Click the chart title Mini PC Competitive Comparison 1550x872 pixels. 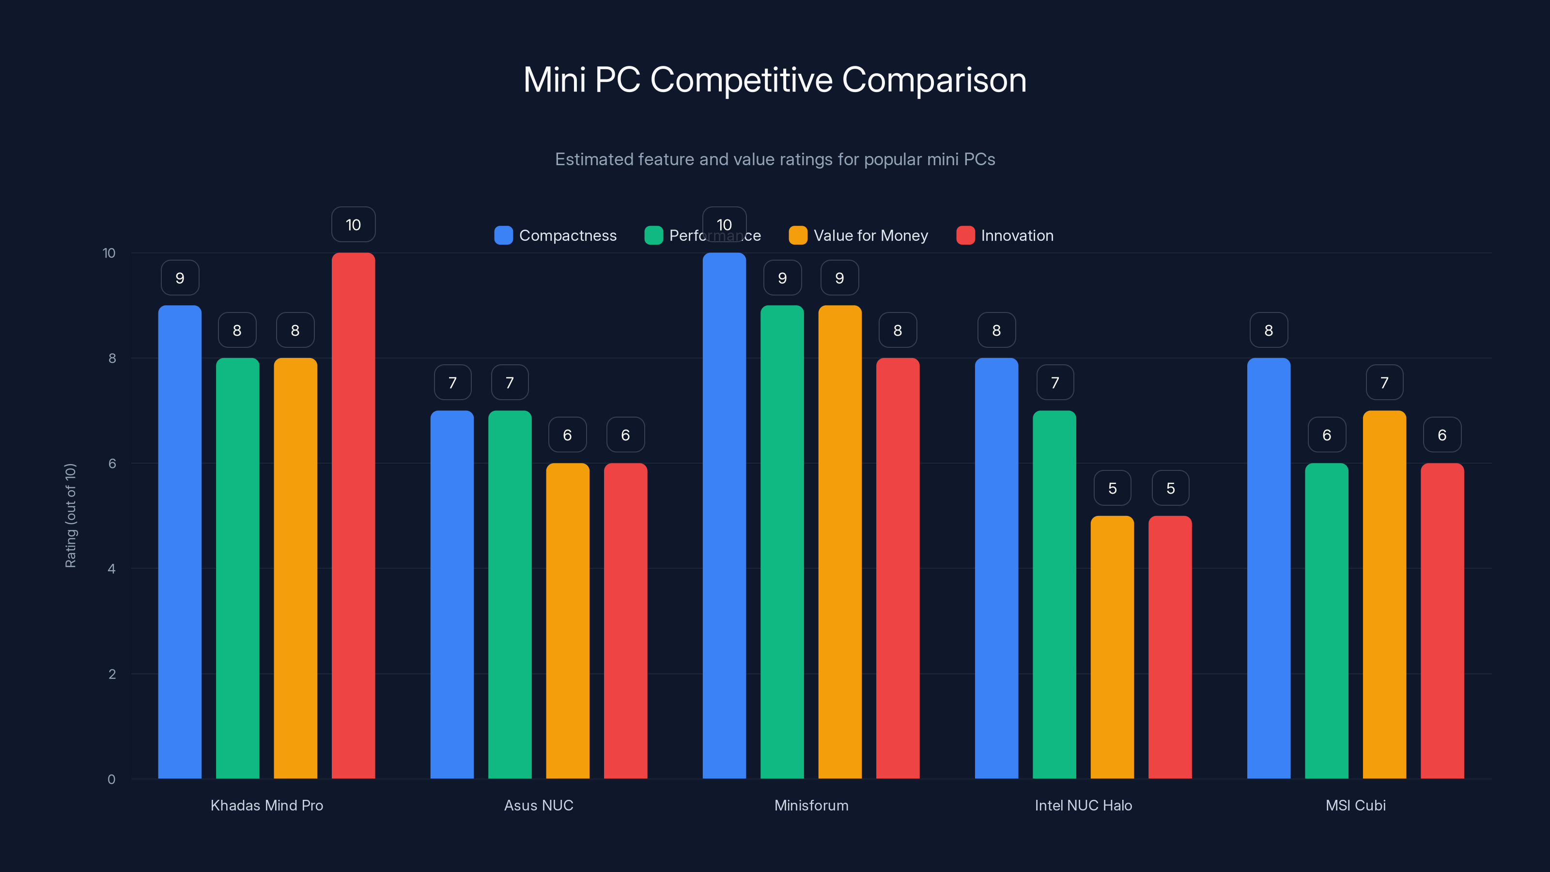coord(775,80)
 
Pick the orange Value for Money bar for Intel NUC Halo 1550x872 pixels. coord(1112,647)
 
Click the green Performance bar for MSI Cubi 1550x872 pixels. coord(1326,621)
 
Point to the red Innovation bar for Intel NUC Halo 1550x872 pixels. coord(1170,647)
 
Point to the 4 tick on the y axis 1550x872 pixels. coord(111,569)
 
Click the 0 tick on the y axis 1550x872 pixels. coord(111,779)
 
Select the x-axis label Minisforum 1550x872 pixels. coord(811,805)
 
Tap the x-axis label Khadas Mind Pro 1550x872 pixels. coord(266,805)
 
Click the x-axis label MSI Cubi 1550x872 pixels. coord(1355,805)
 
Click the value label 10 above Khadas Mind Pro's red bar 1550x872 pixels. coord(353,224)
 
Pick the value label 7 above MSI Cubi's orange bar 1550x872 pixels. coord(1384,383)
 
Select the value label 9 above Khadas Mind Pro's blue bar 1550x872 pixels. coord(180,278)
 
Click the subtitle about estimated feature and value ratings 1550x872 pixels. coord(775,159)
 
